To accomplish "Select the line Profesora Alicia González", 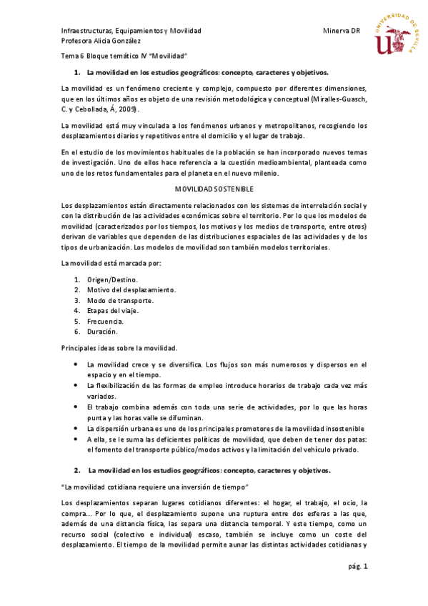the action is tap(99, 41).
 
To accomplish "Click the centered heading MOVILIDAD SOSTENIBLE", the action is tap(214, 189).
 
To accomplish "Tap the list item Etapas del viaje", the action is tap(112, 310).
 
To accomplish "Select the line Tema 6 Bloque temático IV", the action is tap(124, 56).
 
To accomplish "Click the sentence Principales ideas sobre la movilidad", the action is tap(119, 348).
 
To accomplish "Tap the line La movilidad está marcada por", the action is tap(111, 264).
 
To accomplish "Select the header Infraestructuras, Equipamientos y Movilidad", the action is tap(131, 31).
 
